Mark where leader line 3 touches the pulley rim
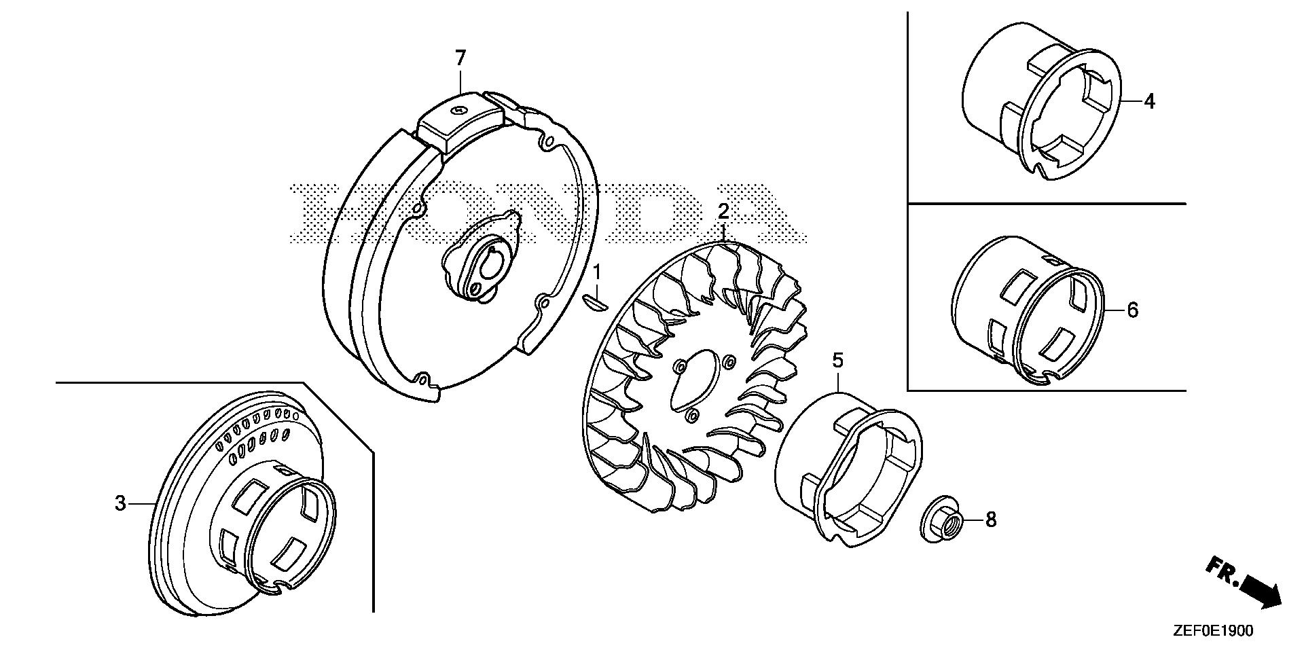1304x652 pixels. (x=157, y=503)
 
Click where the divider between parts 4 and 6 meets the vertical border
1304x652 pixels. (x=908, y=203)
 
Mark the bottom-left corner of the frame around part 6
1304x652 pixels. (x=908, y=390)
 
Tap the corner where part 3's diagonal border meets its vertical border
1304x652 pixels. (x=373, y=450)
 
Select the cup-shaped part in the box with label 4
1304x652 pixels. (x=1042, y=101)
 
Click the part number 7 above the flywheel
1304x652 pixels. (x=460, y=59)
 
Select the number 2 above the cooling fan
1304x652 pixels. (x=724, y=211)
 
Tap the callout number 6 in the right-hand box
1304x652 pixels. (x=1132, y=310)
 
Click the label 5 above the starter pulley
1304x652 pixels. (x=838, y=360)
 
